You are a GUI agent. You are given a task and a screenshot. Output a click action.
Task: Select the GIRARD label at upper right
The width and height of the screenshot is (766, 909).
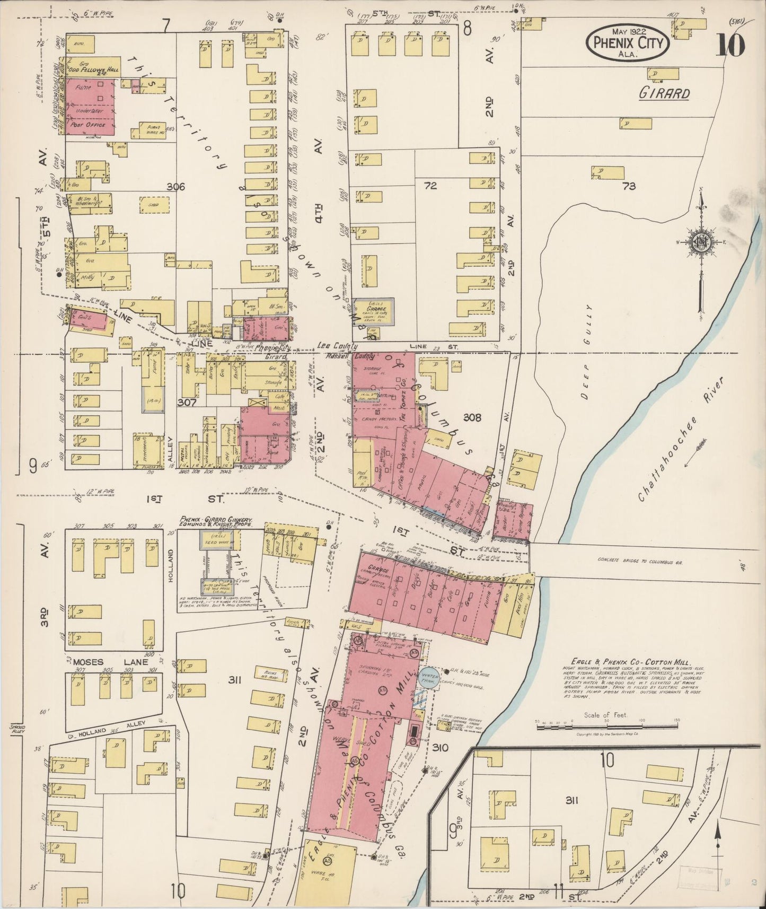pos(664,94)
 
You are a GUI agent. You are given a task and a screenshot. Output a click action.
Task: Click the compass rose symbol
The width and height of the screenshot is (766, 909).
pos(701,243)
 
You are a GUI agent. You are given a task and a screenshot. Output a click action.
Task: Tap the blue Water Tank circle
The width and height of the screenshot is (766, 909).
pos(430,677)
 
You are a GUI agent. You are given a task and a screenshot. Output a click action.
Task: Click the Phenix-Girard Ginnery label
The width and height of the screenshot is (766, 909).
pos(215,520)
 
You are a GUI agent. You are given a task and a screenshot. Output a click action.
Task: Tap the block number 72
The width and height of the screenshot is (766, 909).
pos(430,186)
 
